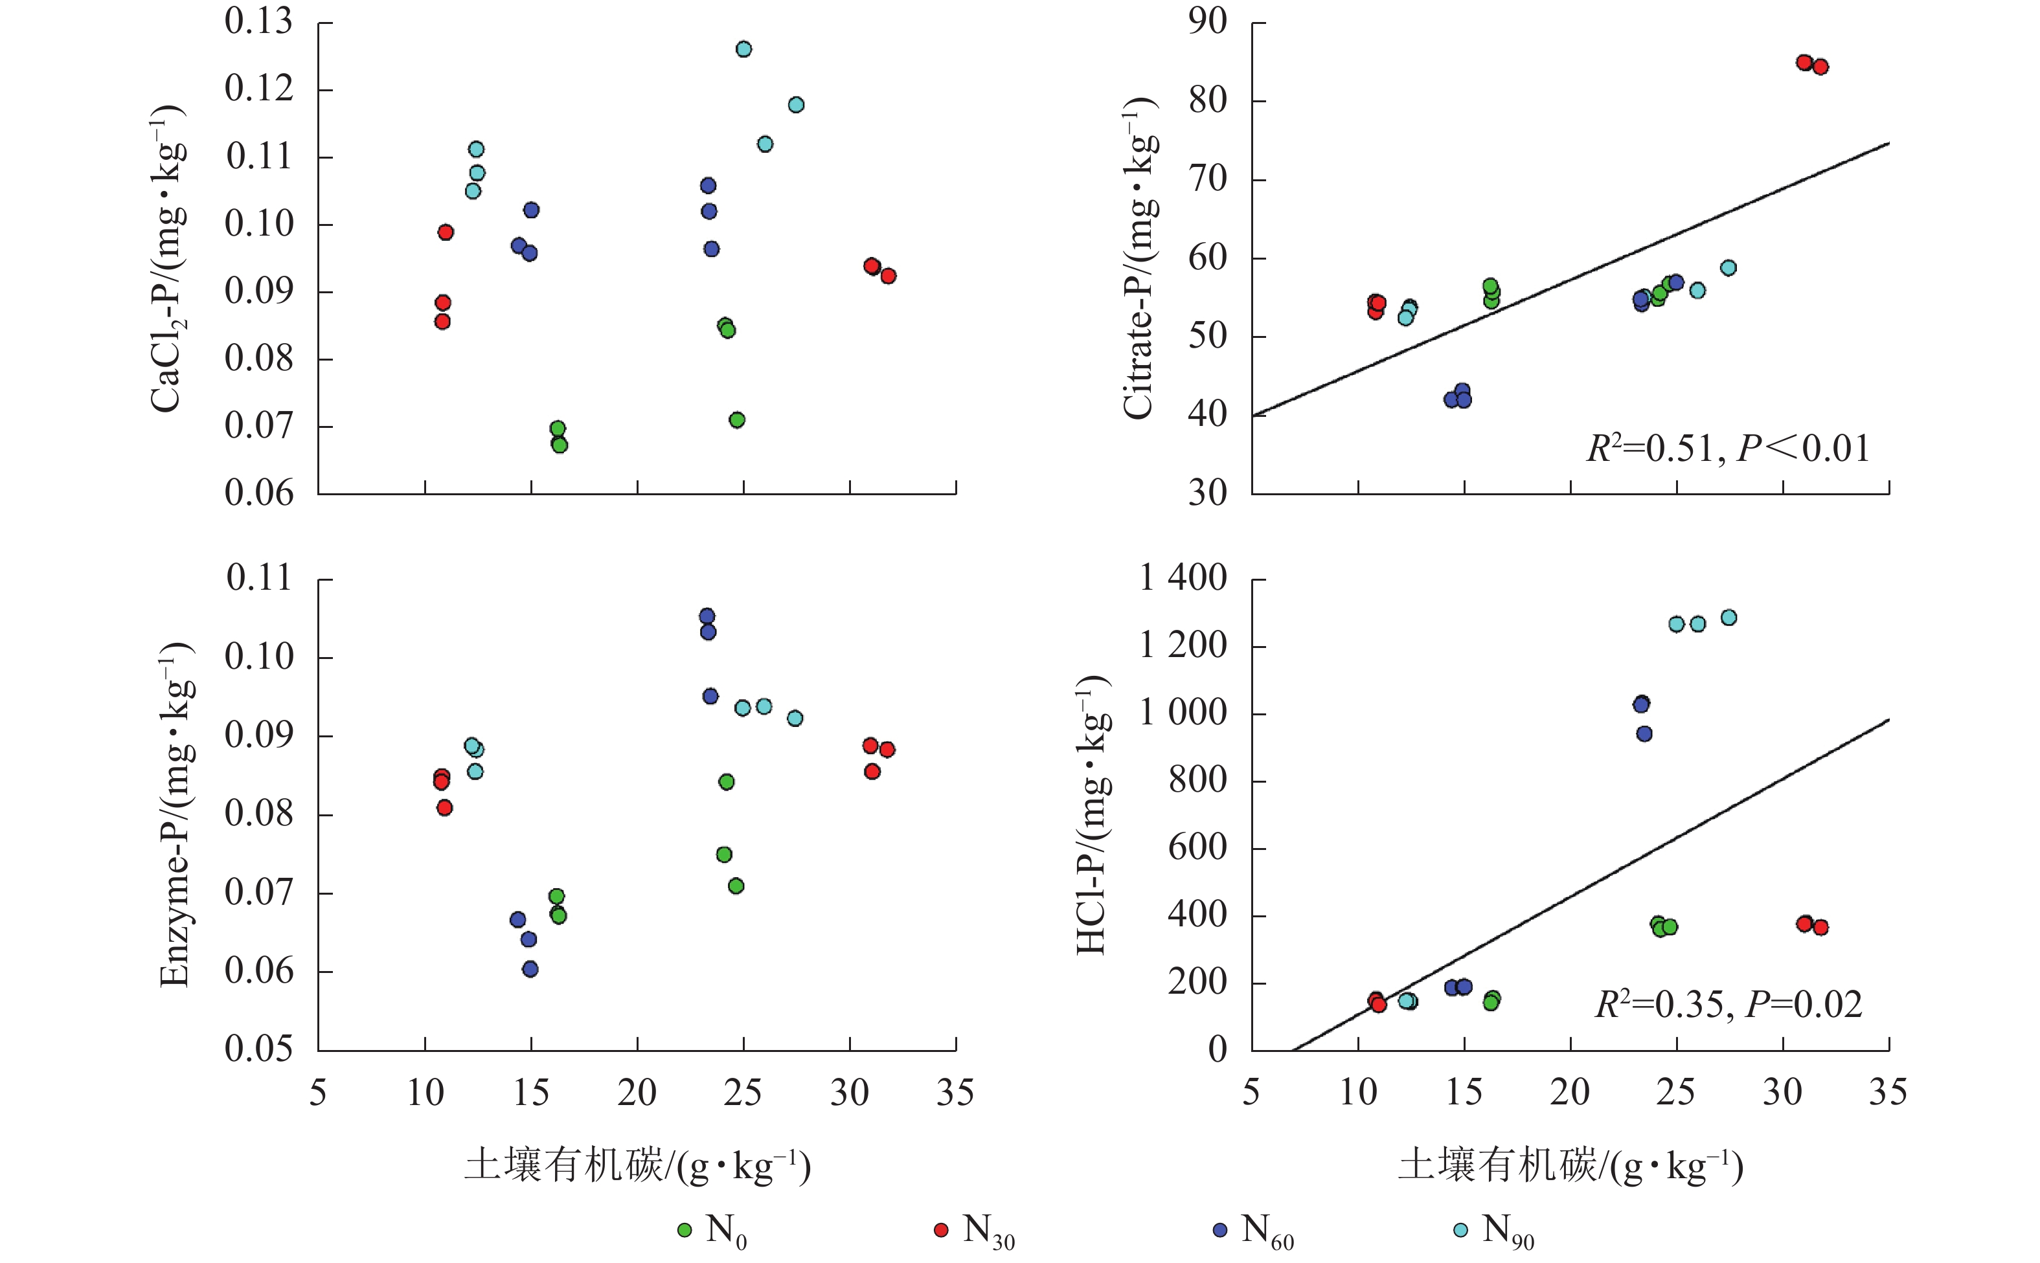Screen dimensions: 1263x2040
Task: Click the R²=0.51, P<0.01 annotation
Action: pos(1728,449)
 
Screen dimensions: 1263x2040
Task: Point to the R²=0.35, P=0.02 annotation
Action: pos(1728,1005)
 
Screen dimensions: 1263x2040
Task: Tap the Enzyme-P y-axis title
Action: pos(176,814)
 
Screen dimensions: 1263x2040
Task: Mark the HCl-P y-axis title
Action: pos(1093,814)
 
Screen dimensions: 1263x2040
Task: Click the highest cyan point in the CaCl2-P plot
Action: pos(743,49)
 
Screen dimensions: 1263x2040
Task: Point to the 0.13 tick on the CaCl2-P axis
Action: pos(259,23)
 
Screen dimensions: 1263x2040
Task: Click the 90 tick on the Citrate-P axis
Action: pos(1208,23)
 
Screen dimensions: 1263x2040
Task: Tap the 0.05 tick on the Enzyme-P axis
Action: pos(259,1049)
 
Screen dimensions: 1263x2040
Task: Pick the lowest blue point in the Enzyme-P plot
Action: pos(530,969)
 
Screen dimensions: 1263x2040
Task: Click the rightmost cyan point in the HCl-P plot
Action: pos(1728,618)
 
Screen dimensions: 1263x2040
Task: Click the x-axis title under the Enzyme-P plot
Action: pos(637,1166)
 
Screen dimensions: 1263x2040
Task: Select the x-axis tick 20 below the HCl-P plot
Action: pos(1570,1093)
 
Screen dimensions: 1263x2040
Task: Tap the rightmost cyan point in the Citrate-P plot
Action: pos(1728,268)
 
